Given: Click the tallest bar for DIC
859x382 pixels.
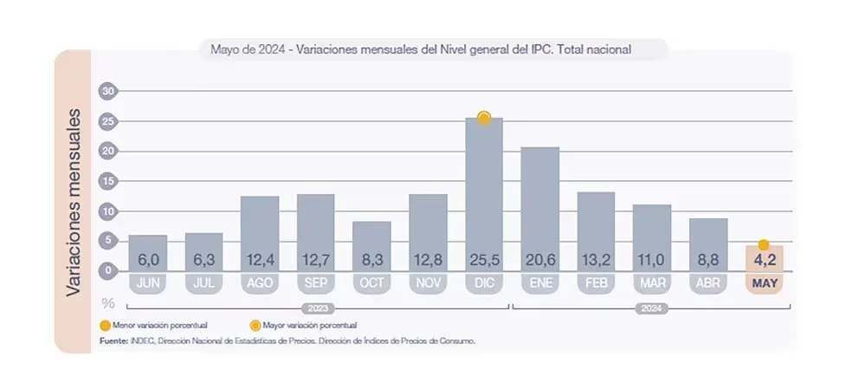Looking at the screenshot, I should (483, 191).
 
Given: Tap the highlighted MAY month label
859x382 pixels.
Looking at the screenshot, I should (764, 283).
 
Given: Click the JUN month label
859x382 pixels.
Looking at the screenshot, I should (147, 283).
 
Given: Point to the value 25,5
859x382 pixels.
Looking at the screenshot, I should (483, 259).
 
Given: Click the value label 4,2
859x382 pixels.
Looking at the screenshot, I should (764, 259).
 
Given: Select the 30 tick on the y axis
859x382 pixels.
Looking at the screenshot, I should (108, 91).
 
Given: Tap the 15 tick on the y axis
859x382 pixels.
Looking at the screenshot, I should (108, 181).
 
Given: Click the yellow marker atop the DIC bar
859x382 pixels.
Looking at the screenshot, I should (484, 118).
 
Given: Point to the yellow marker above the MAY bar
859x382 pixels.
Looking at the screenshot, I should (764, 245).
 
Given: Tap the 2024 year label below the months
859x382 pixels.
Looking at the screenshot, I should (651, 308).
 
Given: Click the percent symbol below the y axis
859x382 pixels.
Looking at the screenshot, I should (108, 302).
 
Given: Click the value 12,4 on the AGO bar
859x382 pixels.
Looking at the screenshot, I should (259, 259).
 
